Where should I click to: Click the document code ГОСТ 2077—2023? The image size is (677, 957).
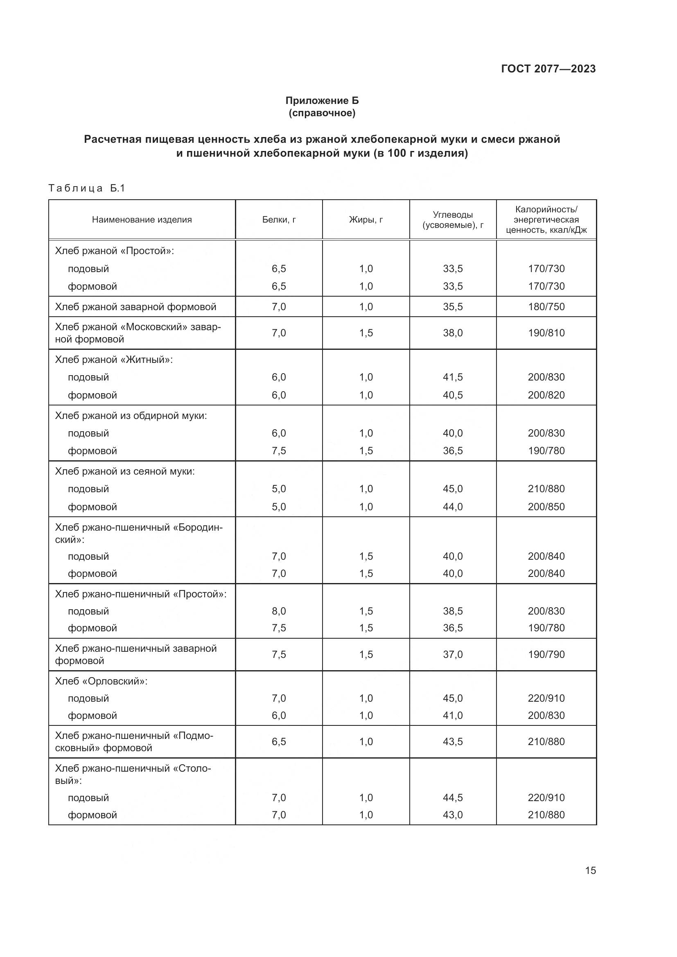click(548, 69)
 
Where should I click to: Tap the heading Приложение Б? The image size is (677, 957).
click(322, 101)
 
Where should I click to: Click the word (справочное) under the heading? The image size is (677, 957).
click(322, 113)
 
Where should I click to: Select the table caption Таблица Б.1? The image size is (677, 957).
click(87, 188)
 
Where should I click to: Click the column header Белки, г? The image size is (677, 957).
click(279, 220)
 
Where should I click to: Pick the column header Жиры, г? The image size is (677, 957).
click(366, 220)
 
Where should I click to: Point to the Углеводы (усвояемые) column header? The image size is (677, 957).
click(453, 220)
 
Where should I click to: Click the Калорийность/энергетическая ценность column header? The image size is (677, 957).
click(546, 220)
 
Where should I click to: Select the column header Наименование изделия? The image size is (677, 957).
click(142, 220)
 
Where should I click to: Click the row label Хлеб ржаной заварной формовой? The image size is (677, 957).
click(135, 307)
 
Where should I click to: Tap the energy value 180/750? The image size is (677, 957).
click(546, 307)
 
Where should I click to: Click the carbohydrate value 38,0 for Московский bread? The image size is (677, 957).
click(453, 333)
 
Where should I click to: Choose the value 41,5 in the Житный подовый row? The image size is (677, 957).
click(453, 377)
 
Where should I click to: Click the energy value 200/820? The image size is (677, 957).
click(546, 395)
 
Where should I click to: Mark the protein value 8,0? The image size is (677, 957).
click(279, 611)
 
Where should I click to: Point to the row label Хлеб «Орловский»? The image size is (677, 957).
click(101, 681)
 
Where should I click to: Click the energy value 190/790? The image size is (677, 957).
click(546, 654)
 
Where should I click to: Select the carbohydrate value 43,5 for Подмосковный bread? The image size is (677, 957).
click(453, 741)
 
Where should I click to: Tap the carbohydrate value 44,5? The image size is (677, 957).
click(453, 797)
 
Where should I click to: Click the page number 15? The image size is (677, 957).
click(590, 870)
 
